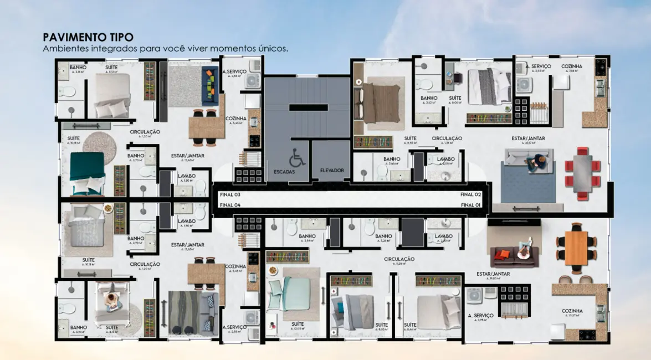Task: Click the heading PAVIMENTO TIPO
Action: (88, 37)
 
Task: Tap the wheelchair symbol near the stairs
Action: (298, 159)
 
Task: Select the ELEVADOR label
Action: (332, 171)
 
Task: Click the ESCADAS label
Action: (284, 172)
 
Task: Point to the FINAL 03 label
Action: (230, 195)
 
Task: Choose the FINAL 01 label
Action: (470, 205)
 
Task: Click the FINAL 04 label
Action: (230, 205)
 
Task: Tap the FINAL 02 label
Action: (470, 195)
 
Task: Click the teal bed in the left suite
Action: (87, 171)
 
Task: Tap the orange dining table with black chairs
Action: (577, 247)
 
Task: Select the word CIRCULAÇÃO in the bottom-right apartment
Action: (399, 259)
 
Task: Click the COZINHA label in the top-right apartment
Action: (571, 66)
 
